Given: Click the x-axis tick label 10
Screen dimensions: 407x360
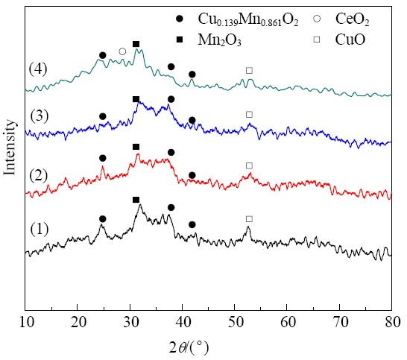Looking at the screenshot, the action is pyautogui.click(x=28, y=323).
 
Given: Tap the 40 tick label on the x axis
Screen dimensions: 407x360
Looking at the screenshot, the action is pyautogui.click(x=183, y=323).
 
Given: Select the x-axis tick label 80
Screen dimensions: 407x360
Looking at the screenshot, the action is pyautogui.click(x=391, y=323).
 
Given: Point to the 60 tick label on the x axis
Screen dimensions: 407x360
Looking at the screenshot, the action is pyautogui.click(x=287, y=323).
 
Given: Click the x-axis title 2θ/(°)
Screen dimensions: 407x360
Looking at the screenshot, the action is pyautogui.click(x=189, y=348).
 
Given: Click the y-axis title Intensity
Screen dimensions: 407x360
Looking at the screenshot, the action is pyautogui.click(x=10, y=147).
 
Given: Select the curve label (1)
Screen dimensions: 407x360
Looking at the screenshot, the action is pyautogui.click(x=40, y=229).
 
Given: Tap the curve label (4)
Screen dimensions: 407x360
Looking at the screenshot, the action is pyautogui.click(x=38, y=69).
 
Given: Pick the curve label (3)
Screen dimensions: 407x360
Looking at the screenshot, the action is pyautogui.click(x=40, y=116).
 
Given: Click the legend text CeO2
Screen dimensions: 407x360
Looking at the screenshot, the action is pyautogui.click(x=353, y=19).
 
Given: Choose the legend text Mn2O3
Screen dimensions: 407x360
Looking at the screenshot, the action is pyautogui.click(x=220, y=40).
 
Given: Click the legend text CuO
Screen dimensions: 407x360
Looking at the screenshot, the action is pyautogui.click(x=350, y=40).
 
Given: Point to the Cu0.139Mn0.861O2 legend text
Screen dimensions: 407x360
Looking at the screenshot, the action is pyautogui.click(x=248, y=19).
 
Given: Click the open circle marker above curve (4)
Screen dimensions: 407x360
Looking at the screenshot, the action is pyautogui.click(x=122, y=51).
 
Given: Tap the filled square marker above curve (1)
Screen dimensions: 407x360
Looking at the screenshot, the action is pyautogui.click(x=136, y=200).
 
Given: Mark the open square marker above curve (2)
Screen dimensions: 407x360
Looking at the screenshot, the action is pyautogui.click(x=249, y=165).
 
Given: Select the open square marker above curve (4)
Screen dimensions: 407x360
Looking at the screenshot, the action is pyautogui.click(x=249, y=70).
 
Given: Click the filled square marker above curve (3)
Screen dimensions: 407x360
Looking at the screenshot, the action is pyautogui.click(x=136, y=99).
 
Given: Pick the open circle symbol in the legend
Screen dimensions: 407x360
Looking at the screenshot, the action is pyautogui.click(x=317, y=19).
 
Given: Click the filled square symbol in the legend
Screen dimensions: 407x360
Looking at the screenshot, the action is pyautogui.click(x=180, y=40).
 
